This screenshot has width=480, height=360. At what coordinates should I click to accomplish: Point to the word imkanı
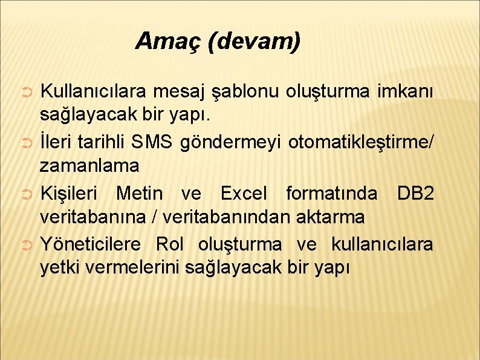pyautogui.click(x=404, y=92)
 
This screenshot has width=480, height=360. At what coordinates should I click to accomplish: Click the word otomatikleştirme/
pyautogui.click(x=360, y=143)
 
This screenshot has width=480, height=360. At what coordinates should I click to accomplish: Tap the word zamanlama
pyautogui.click(x=89, y=165)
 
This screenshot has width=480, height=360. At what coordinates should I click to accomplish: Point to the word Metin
pyautogui.click(x=139, y=194)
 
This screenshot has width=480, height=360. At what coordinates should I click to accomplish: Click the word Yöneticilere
pyautogui.click(x=90, y=244)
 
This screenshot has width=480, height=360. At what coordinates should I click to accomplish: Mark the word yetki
pyautogui.click(x=59, y=266)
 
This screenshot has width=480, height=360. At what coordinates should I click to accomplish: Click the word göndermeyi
pyautogui.click(x=230, y=143)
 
